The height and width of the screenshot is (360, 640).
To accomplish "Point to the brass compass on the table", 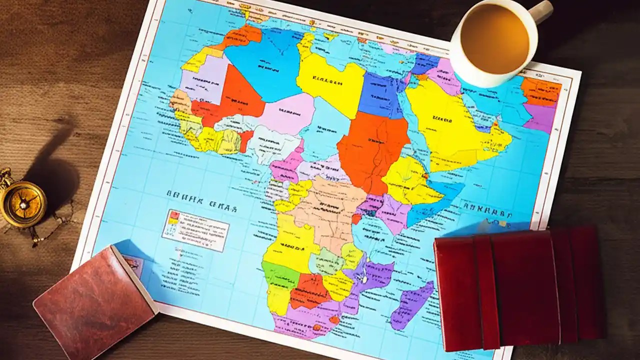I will (x=23, y=202).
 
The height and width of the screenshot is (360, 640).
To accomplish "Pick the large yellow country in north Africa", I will (x=330, y=80).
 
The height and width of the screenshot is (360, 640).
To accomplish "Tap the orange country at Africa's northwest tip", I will (x=243, y=37).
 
